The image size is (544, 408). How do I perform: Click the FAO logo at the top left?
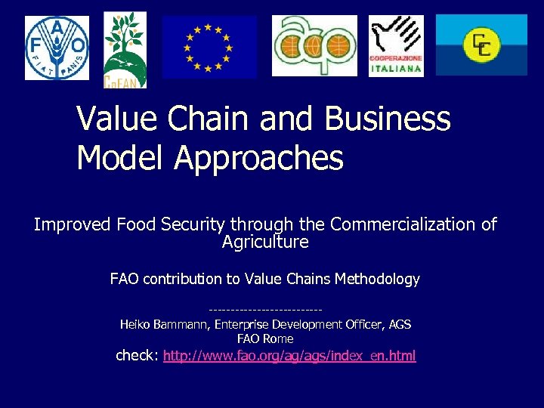(x=57, y=48)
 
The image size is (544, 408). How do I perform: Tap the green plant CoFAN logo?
(x=125, y=49)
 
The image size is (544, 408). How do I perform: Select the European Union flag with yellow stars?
(x=209, y=47)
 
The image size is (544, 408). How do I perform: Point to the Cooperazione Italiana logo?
(x=396, y=46)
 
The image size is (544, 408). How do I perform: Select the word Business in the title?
(x=388, y=119)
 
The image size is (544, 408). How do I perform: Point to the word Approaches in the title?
(x=258, y=158)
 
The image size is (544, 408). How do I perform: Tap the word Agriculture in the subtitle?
(x=265, y=242)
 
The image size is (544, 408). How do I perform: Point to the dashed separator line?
(x=265, y=310)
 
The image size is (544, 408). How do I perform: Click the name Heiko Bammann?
(x=164, y=324)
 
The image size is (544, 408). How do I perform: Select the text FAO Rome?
(x=265, y=338)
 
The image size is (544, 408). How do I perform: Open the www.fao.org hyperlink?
(x=289, y=355)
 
